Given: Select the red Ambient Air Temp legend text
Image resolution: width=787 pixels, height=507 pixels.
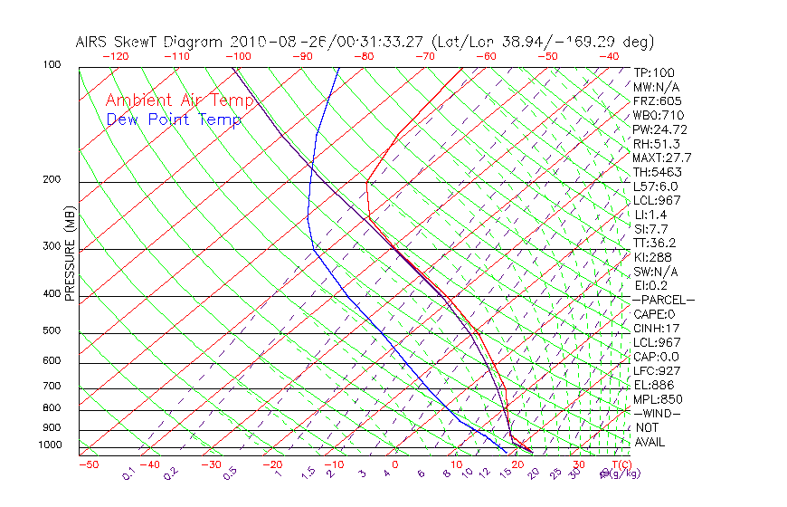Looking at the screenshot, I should tap(180, 100).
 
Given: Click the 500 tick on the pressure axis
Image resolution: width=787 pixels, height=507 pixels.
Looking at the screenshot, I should tap(52, 331).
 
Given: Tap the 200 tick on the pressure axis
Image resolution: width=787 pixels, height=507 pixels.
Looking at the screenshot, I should tap(52, 180).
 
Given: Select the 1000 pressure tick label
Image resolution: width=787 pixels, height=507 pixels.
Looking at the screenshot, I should tap(50, 445).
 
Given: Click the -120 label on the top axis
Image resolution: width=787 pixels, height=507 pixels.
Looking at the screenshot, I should tap(116, 55).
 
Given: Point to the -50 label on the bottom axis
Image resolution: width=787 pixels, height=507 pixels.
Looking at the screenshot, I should tap(89, 465).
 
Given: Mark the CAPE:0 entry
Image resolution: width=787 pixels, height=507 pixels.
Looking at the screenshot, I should tap(654, 314).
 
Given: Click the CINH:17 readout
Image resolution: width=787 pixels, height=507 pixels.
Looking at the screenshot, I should tap(656, 328).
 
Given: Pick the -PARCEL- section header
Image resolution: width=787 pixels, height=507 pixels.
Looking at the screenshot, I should tap(663, 300).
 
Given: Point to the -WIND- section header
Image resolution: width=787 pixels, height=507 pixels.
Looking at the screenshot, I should tap(657, 413).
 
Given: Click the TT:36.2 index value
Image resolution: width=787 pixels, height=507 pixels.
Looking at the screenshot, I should tap(655, 243).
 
